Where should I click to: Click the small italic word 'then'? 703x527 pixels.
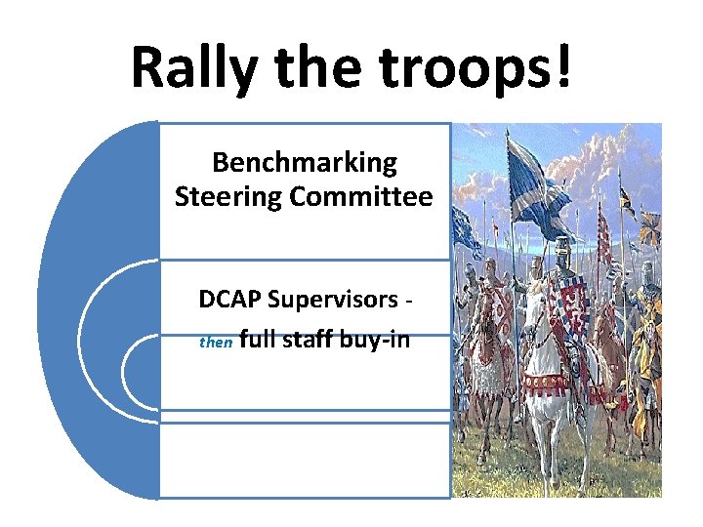(215, 344)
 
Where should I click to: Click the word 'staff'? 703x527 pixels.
(313, 341)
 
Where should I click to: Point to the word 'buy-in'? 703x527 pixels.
(378, 341)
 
